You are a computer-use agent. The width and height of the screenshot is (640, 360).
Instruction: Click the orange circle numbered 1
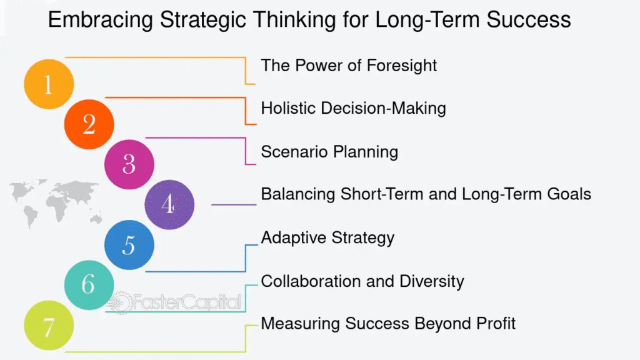(49, 84)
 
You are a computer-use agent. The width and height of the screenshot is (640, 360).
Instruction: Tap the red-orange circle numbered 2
(89, 124)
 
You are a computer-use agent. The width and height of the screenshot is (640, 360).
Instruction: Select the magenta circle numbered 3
(129, 164)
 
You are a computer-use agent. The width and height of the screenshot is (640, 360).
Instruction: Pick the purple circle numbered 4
(169, 204)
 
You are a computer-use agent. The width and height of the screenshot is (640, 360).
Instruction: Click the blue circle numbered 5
(129, 245)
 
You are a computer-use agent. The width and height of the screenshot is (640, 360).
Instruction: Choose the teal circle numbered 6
(89, 285)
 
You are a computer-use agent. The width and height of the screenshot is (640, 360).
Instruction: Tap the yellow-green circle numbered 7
(49, 325)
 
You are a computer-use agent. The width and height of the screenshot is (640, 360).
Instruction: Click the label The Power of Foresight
(349, 66)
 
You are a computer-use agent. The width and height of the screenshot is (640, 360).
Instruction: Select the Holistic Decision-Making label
(354, 109)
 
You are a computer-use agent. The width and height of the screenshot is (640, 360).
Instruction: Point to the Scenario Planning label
(329, 152)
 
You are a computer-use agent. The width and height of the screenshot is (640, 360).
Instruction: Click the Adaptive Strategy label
(327, 237)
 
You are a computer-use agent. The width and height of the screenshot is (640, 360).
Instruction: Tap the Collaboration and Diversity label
(362, 281)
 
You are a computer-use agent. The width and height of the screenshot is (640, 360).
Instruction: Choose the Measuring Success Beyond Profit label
(388, 323)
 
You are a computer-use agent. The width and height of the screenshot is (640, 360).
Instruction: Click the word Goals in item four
(569, 194)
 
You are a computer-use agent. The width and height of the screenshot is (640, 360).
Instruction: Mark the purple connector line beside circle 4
(234, 204)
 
